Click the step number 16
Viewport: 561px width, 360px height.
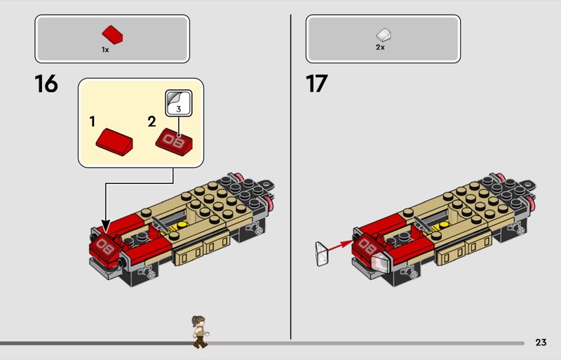pos(46,84)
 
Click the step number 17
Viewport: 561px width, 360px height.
pos(317,84)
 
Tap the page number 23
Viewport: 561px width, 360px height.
pos(541,342)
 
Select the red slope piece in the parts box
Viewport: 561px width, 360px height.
pos(112,35)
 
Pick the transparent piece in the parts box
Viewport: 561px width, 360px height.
pos(384,35)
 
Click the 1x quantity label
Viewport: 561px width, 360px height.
pos(105,50)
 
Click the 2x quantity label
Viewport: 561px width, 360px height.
pos(380,47)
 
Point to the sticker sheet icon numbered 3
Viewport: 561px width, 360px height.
pos(179,102)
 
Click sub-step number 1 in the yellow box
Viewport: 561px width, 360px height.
pos(93,121)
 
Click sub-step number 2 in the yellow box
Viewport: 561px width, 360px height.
pos(151,122)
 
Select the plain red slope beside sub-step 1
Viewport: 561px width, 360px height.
pos(114,142)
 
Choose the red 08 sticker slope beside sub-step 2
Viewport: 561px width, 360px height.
pos(174,142)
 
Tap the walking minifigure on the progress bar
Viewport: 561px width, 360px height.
pos(200,332)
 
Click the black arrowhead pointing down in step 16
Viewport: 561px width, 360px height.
pos(106,226)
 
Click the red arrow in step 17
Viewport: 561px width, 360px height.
pos(340,246)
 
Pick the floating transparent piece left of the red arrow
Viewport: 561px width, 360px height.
pos(322,254)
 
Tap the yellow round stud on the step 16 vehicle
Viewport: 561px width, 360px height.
pos(182,225)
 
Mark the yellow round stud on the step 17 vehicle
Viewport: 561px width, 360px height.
pos(444,225)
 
